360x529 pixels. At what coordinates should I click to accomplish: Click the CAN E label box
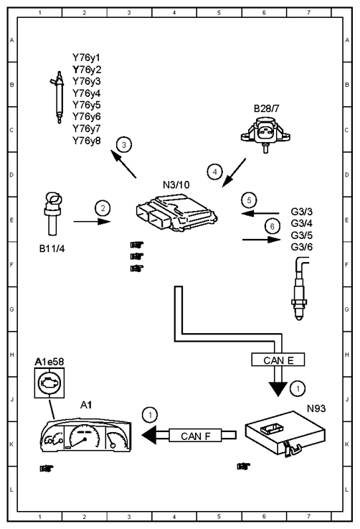[278, 360]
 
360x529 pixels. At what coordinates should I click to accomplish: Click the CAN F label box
[196, 436]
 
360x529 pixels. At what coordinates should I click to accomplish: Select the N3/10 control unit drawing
[176, 212]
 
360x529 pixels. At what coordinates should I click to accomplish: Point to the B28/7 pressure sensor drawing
[265, 135]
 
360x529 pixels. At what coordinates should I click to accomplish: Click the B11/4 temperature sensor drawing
[52, 214]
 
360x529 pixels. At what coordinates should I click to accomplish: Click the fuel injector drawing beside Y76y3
[58, 98]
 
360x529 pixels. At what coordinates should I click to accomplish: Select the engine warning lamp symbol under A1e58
[49, 383]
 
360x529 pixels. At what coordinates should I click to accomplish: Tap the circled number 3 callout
[124, 145]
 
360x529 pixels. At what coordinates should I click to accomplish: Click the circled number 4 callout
[214, 172]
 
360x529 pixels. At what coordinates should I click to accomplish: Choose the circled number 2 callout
[103, 208]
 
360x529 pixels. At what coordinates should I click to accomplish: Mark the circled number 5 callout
[249, 200]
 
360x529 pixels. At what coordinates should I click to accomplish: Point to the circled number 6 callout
[273, 226]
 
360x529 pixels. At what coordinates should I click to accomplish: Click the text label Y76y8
[87, 141]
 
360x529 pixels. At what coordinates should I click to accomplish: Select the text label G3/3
[302, 212]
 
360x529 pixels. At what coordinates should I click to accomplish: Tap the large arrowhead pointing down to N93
[278, 389]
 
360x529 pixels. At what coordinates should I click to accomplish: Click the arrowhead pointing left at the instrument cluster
[149, 435]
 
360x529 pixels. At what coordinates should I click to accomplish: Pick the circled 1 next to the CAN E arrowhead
[298, 388]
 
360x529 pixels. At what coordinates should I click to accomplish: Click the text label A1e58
[49, 362]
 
